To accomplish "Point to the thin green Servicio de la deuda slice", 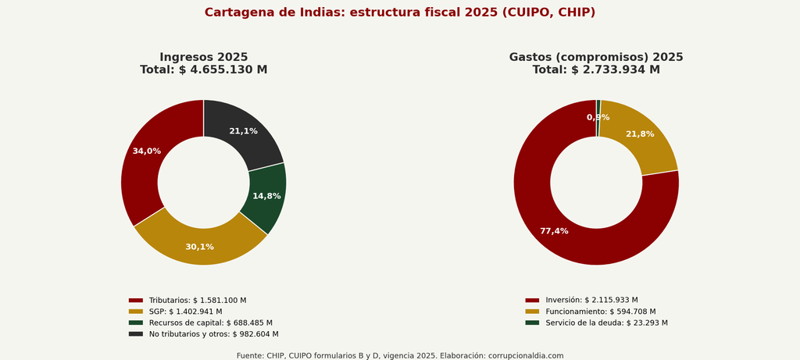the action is pos(598,118).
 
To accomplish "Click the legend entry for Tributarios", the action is pos(187,301).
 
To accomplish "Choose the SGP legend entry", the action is pos(175,312).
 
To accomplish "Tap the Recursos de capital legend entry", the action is pos(201,323).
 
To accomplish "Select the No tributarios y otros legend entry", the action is pos(204,334).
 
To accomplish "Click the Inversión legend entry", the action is pos(581,300).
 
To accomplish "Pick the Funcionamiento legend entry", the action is pos(591,312).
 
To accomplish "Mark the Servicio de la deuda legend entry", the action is pos(596,323).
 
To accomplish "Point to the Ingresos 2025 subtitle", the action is pos(204,57).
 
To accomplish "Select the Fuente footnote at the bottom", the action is pos(400,355).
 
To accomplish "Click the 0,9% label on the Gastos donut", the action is pos(598,117).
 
